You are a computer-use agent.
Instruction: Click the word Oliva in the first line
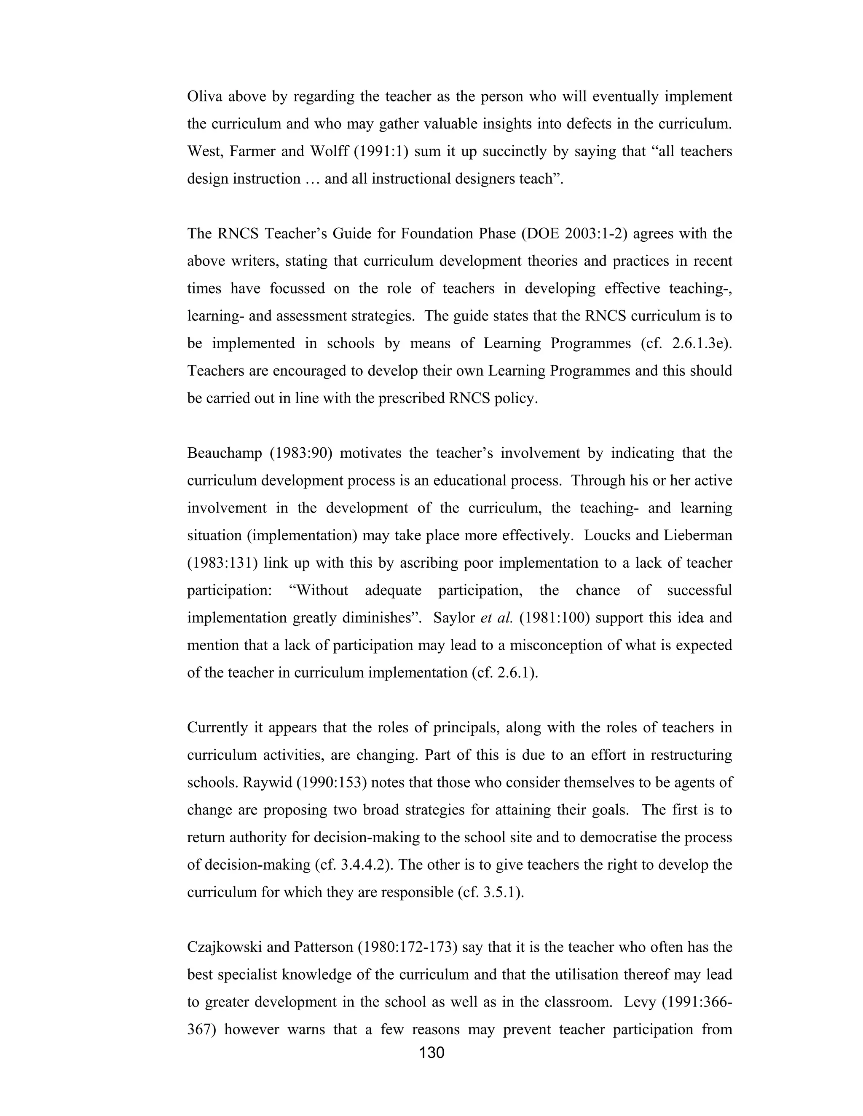point(204,96)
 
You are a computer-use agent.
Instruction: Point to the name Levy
point(640,1001)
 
